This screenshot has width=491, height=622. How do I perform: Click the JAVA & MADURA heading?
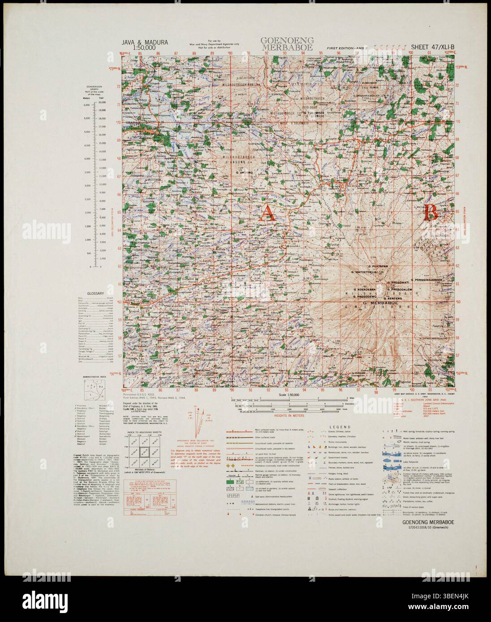145,43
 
